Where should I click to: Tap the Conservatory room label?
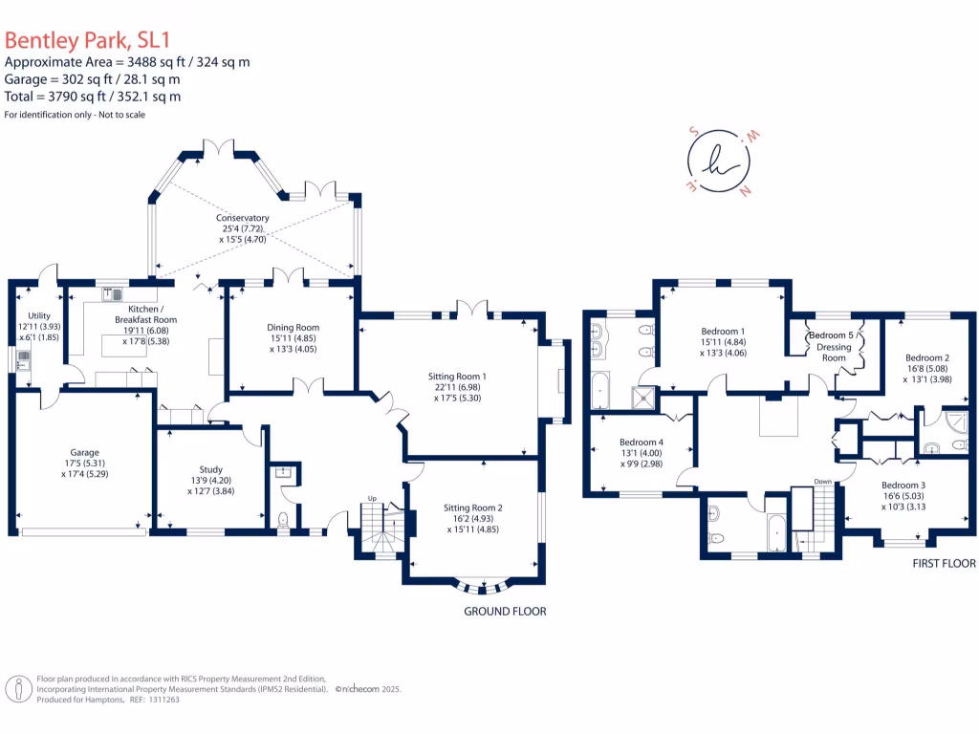coord(242,218)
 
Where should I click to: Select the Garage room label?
coord(84,453)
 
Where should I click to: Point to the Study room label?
coord(211,469)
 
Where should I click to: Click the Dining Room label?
coord(293,327)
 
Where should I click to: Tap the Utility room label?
coord(39,315)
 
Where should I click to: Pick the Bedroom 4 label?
coord(641,443)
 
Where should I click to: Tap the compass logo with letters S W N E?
coord(716,162)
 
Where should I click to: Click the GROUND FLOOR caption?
coord(505,611)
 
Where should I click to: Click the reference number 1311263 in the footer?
coord(159,700)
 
